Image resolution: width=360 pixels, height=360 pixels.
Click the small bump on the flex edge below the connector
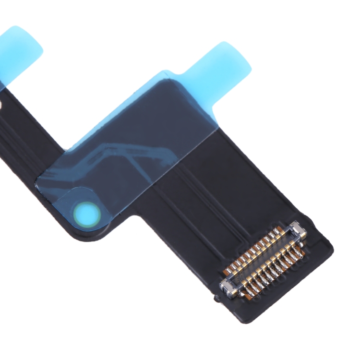pyautogui.click(x=218, y=300)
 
